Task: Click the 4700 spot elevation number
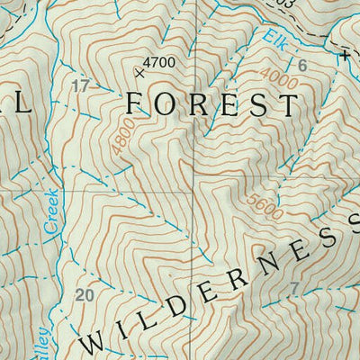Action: pos(159,62)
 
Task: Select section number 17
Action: pos(80,86)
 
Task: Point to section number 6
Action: pos(301,66)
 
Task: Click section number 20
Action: pos(85,295)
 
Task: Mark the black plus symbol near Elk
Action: pos(344,56)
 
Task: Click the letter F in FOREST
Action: pos(135,104)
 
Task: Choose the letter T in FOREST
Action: pos(289,105)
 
